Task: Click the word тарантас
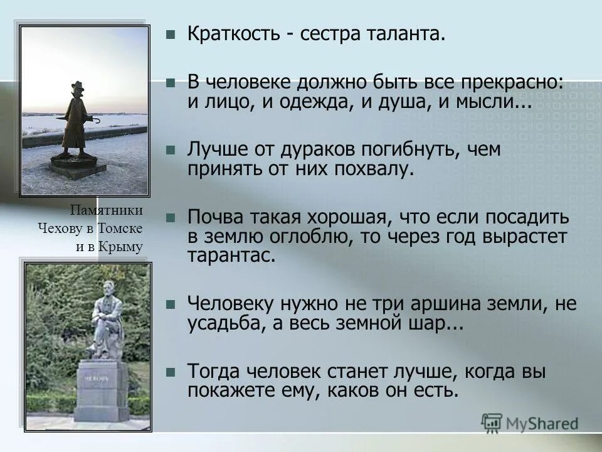tap(230, 255)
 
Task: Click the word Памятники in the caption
tap(107, 210)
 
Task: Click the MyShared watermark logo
tap(531, 422)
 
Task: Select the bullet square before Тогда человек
tap(170, 372)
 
